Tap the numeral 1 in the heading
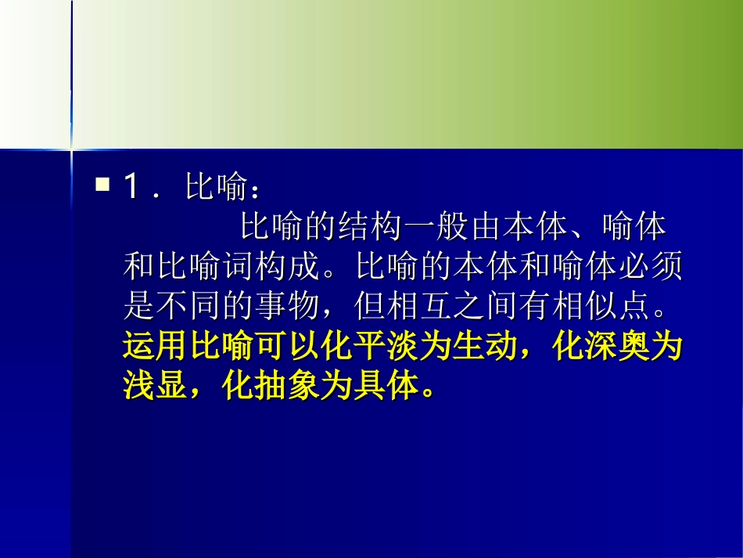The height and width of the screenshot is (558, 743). click(132, 187)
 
